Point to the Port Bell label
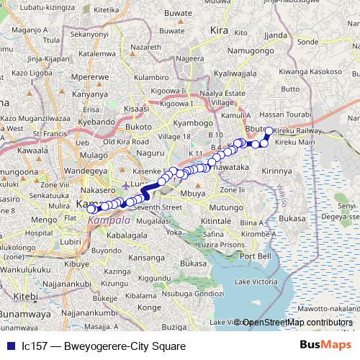click(256, 256)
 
